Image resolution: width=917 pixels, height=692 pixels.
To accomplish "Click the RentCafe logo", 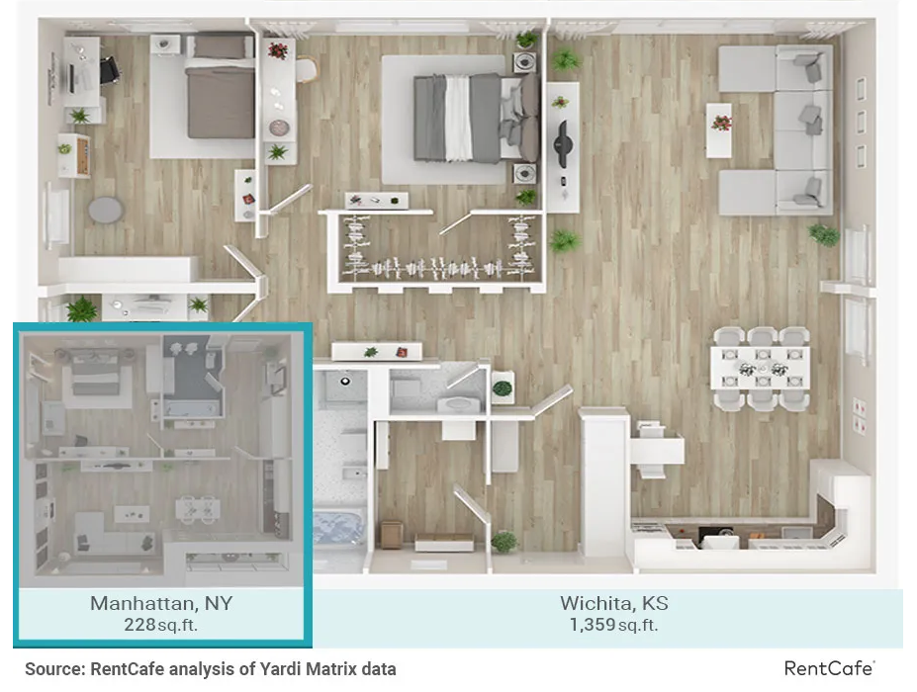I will click(829, 668).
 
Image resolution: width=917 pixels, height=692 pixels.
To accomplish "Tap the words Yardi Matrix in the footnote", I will click(303, 669).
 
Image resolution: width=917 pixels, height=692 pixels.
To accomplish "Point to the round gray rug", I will click(106, 210).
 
